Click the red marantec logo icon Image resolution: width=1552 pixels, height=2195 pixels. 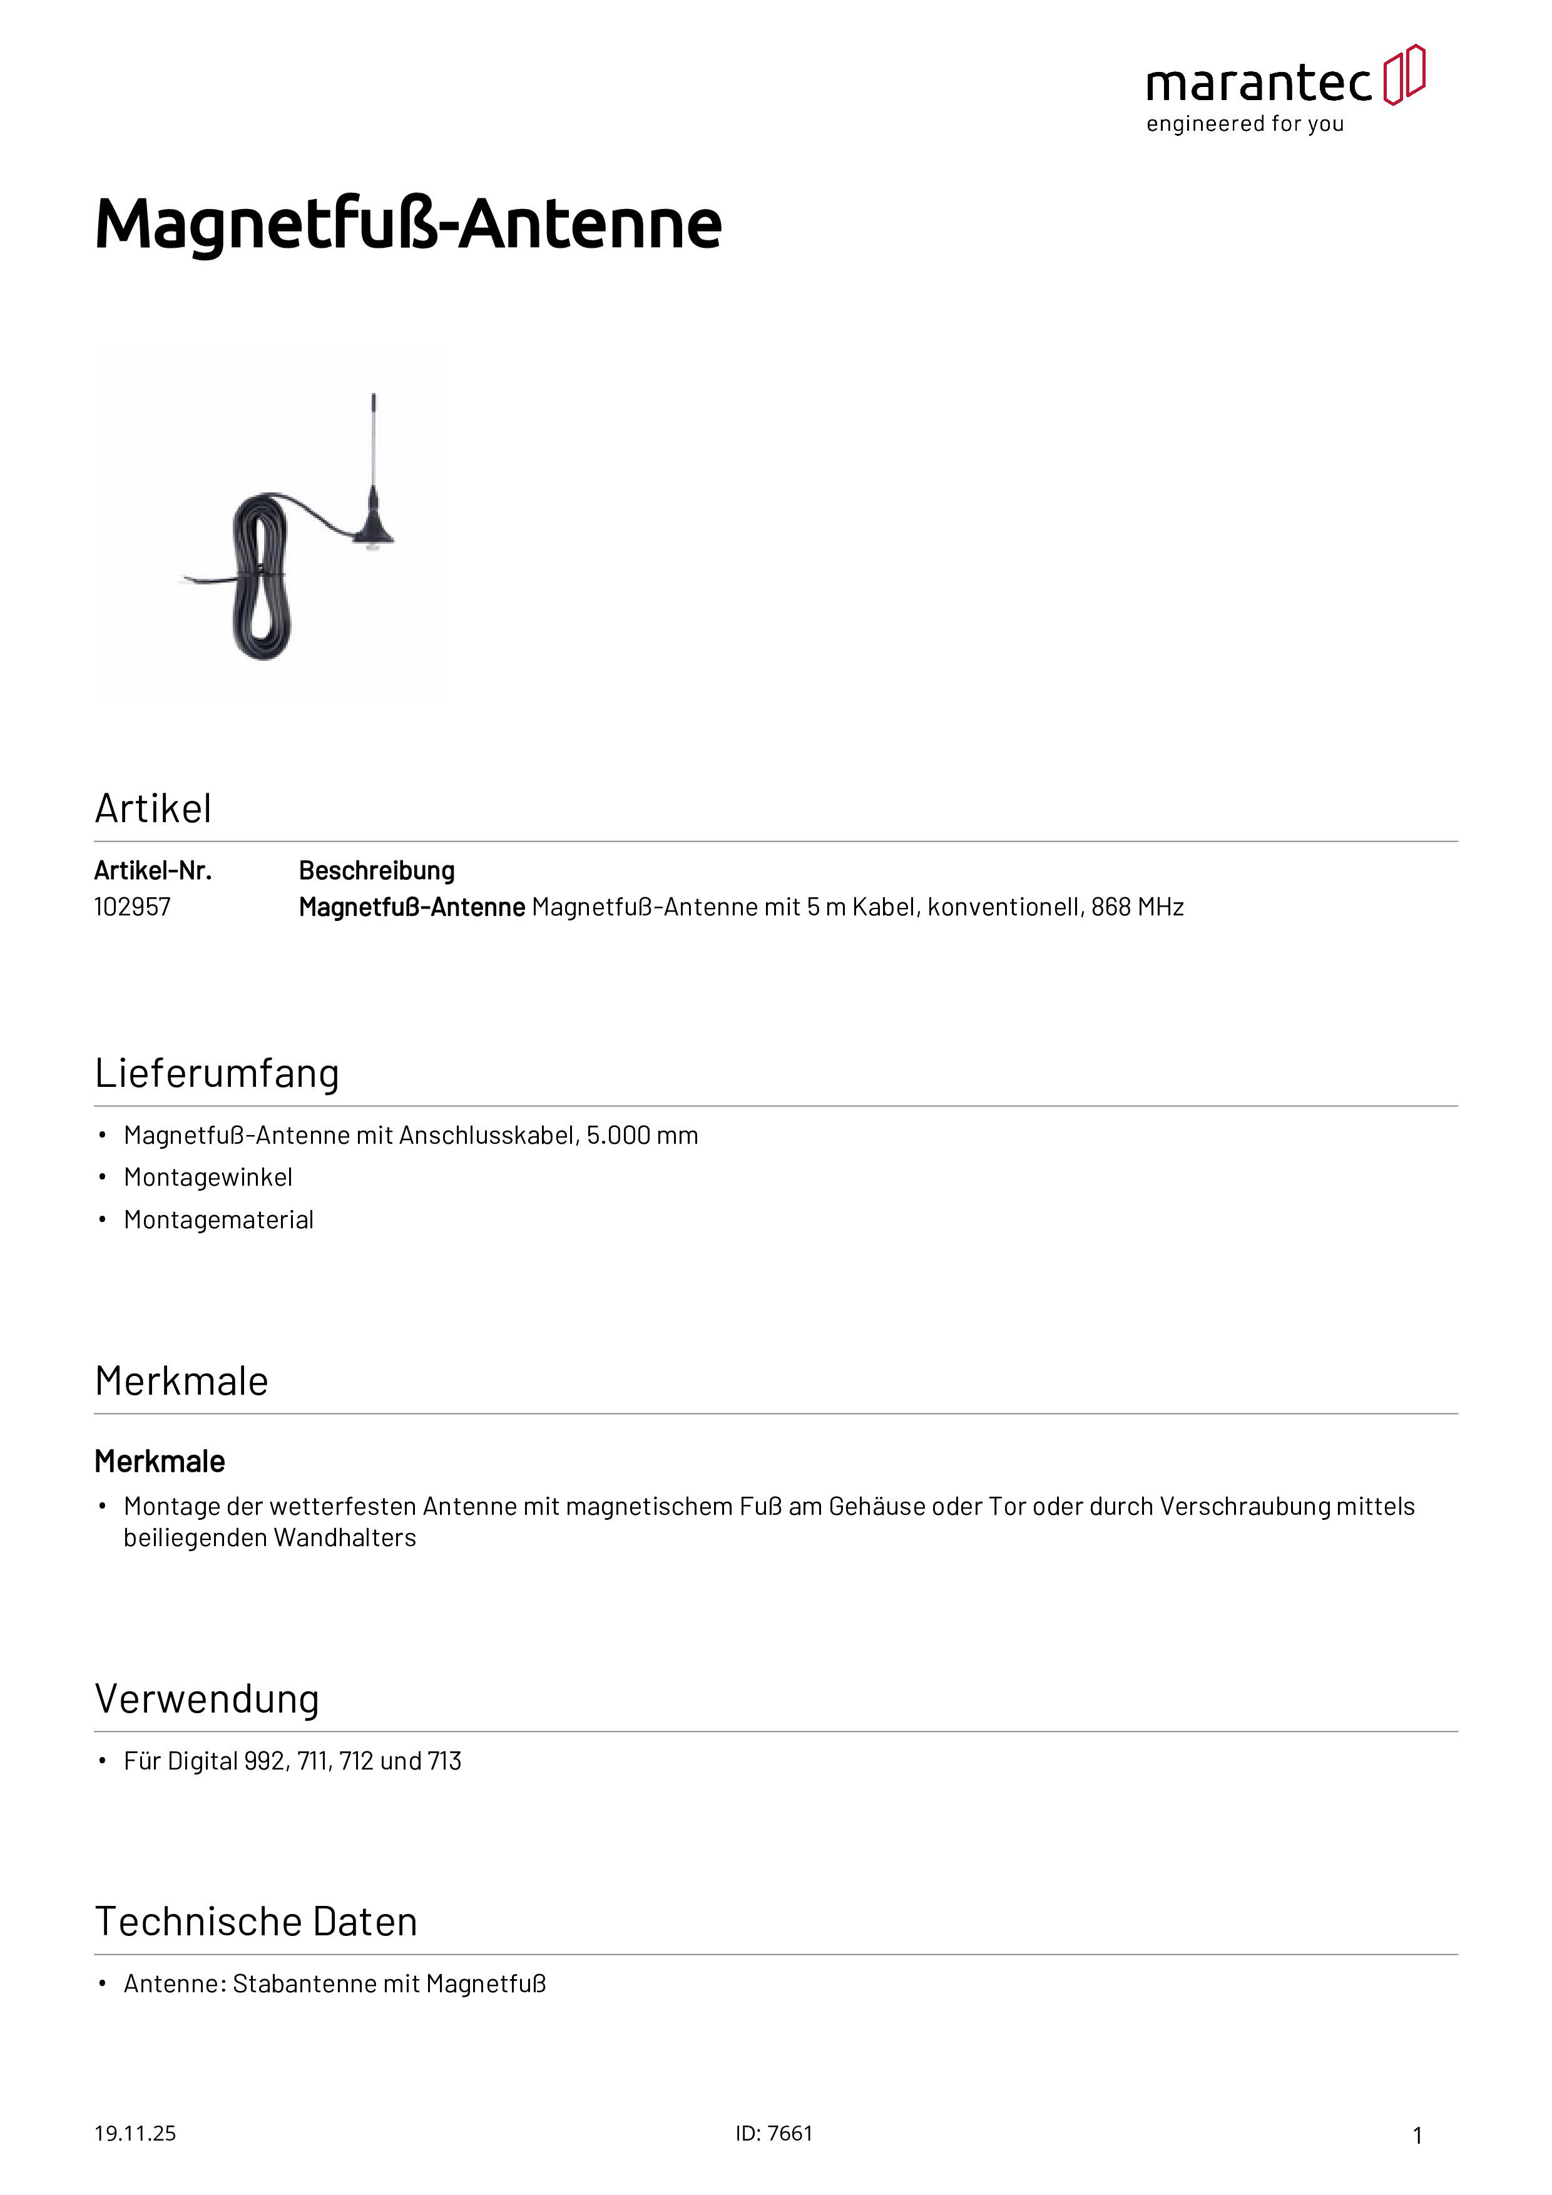[1404, 74]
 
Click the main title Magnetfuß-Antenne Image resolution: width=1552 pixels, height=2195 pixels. [408, 224]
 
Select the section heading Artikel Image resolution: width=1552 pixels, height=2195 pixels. [153, 809]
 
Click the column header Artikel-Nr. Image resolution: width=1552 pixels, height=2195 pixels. [153, 871]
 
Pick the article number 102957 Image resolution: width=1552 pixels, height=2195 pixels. [132, 907]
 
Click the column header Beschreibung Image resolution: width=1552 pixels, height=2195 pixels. [377, 871]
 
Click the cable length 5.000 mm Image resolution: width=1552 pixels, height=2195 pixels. [643, 1136]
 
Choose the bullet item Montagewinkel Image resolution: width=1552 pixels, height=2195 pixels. [208, 1178]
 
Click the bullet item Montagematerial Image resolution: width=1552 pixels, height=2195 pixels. [219, 1221]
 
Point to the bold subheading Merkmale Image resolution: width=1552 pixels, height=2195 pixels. [160, 1462]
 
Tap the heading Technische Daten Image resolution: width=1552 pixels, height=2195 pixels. [257, 1922]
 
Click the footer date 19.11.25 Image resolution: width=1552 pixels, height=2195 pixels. [135, 2134]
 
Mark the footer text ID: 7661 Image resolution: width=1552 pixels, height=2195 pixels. [773, 2134]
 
